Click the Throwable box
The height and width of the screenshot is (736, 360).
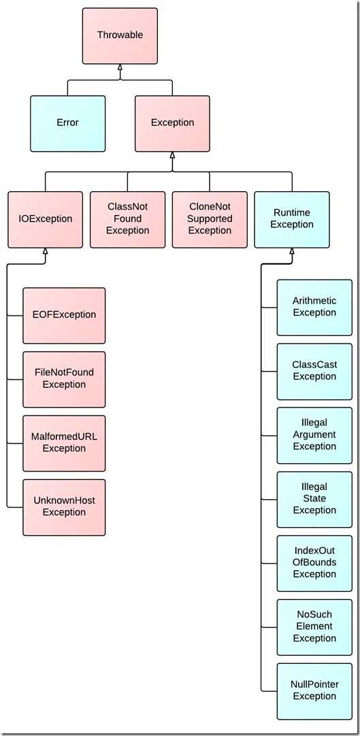(x=120, y=35)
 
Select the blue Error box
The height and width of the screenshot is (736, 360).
(x=67, y=123)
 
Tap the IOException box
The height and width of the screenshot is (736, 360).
(x=46, y=219)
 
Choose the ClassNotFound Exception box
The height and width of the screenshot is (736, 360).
(x=128, y=219)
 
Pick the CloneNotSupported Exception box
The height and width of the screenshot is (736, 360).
(x=210, y=219)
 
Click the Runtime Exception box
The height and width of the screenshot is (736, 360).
(x=292, y=219)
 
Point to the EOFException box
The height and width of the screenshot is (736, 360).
(x=64, y=316)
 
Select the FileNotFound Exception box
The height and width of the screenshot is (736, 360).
(x=64, y=380)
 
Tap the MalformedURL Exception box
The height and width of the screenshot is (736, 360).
(x=64, y=443)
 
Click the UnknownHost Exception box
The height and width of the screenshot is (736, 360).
(x=64, y=507)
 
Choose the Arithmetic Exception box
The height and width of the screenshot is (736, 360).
(x=314, y=307)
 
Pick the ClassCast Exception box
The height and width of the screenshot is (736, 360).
(x=314, y=371)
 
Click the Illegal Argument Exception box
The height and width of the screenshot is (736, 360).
(x=314, y=435)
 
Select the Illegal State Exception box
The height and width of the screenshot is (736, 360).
(x=314, y=499)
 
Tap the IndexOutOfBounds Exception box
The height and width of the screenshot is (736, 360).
(x=314, y=563)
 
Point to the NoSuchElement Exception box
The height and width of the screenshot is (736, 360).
(x=314, y=627)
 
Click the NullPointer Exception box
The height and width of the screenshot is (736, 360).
(x=314, y=691)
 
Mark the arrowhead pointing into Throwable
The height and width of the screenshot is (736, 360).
(x=120, y=67)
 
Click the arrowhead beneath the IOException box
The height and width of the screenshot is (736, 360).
(x=46, y=251)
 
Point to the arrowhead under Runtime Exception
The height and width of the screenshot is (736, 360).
(x=292, y=251)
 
